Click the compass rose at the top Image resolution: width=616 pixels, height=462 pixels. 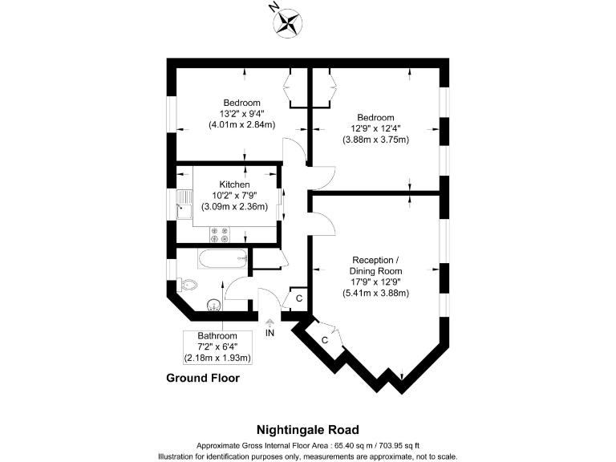pos(288,23)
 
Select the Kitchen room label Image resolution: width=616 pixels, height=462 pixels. pos(234,184)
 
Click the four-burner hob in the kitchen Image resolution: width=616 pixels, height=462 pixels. pos(220,234)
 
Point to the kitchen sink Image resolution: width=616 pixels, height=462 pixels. pos(184,204)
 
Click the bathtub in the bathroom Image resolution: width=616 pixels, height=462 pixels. pos(222,258)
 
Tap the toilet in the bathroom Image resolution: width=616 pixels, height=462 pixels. pos(186,285)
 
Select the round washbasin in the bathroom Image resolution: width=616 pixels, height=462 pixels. pos(214,305)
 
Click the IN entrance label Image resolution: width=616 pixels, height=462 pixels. pos(269,333)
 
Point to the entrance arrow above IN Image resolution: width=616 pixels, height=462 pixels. pos(269,323)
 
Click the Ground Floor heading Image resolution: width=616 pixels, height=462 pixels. pos(203,378)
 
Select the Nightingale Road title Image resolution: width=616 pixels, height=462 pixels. pos(308,430)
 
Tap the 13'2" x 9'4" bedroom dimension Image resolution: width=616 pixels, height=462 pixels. pos(242,114)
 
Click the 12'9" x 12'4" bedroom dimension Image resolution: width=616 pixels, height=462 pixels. pos(375,128)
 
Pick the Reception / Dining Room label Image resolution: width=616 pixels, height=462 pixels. pos(375,265)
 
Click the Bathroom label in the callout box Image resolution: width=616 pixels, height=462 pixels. pos(217,336)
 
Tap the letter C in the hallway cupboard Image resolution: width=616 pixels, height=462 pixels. pos(299,298)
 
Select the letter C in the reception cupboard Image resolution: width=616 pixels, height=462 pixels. pos(325,340)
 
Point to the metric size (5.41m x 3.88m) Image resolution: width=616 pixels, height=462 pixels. pos(375,293)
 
